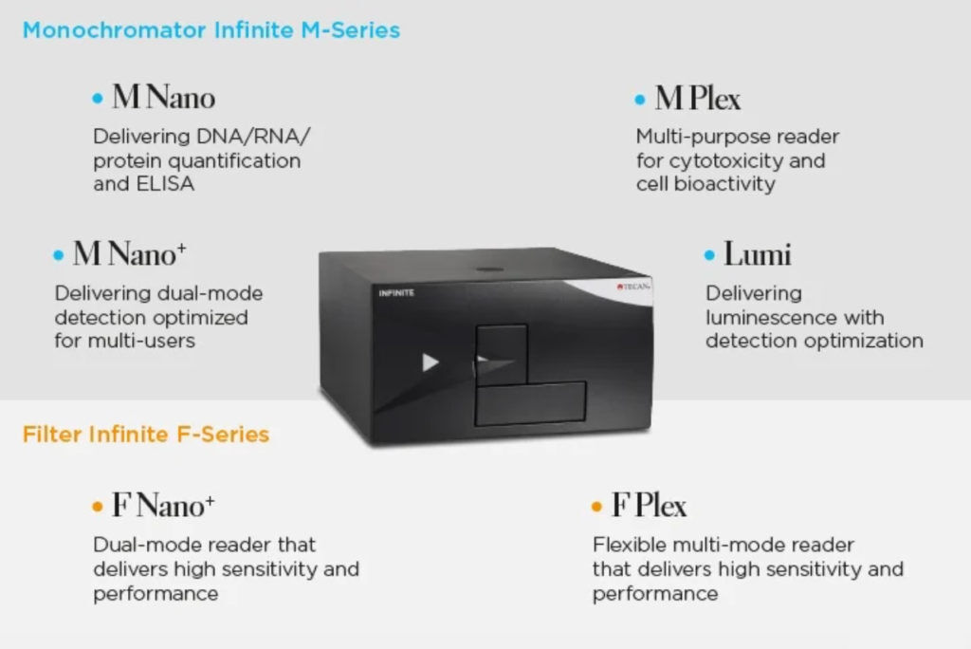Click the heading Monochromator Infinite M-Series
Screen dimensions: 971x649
pos(211,29)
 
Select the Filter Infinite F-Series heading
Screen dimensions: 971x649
pos(145,434)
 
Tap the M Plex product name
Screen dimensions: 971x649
pos(697,98)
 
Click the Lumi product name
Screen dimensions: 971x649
pos(758,254)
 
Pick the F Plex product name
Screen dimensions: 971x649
pos(649,505)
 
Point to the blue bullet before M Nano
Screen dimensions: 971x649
pos(98,98)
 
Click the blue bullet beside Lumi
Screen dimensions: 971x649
pos(709,255)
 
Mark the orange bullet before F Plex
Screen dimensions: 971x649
pos(597,507)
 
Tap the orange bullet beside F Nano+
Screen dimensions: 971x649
pos(98,507)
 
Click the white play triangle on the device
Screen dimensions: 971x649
pos(430,362)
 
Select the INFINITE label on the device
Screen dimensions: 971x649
pos(396,292)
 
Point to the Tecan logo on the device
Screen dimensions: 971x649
pos(632,287)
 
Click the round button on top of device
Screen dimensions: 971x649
pos(490,269)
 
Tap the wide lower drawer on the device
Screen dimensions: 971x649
pos(530,403)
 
